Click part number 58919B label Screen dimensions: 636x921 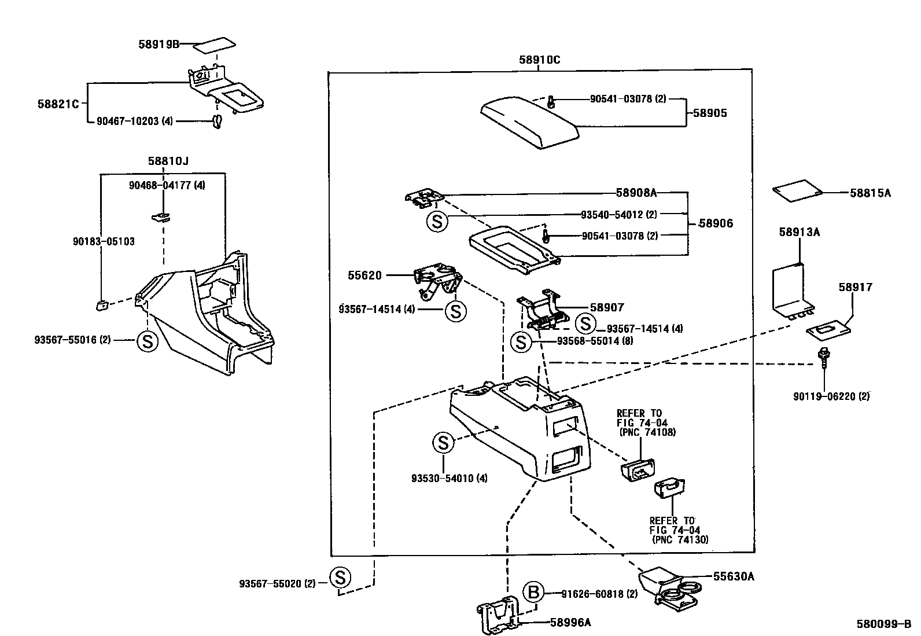tap(159, 44)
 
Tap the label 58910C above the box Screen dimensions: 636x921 tap(539, 60)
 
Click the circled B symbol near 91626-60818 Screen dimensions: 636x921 tap(534, 592)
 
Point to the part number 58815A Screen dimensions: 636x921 tap(870, 193)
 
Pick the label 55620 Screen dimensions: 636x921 tap(364, 275)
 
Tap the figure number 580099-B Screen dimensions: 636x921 tap(883, 624)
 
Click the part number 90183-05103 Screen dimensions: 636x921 tap(104, 241)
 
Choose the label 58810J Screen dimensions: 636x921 tap(168, 161)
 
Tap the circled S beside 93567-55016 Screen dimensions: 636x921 tap(147, 341)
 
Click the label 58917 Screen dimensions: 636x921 tap(856, 287)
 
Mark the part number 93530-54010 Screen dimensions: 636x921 tap(442, 479)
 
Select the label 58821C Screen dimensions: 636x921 tap(58, 104)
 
